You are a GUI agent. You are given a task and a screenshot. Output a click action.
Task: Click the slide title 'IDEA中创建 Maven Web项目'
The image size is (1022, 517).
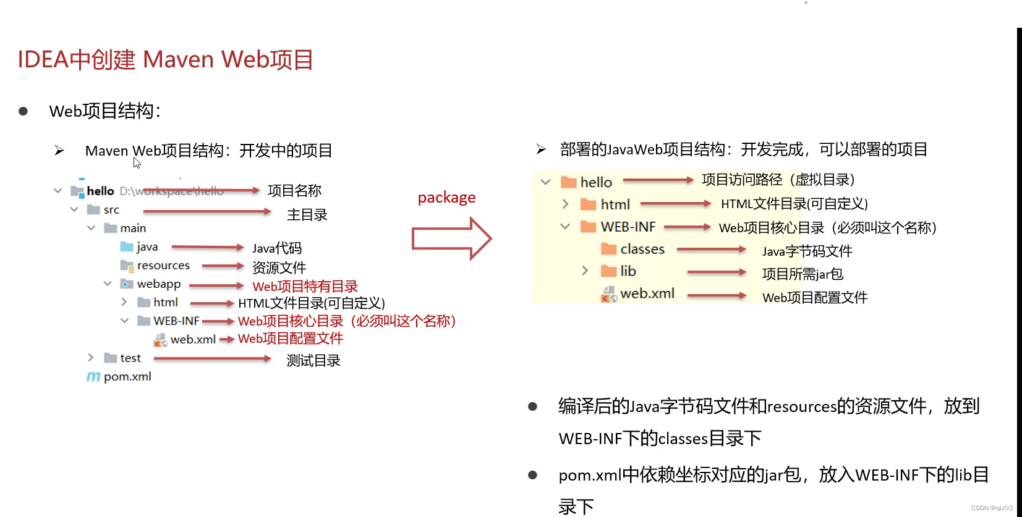point(165,60)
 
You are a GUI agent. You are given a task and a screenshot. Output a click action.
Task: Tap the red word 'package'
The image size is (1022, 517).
point(446,198)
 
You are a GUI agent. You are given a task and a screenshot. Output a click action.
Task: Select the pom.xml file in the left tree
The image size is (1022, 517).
point(127,377)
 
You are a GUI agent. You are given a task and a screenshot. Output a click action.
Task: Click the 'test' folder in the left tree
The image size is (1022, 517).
point(130,358)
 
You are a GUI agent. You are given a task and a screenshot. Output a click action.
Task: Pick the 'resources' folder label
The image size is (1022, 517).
point(163,266)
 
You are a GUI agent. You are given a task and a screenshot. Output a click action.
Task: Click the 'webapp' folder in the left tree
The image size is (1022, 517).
point(158,284)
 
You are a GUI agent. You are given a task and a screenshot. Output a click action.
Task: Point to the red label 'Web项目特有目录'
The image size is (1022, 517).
point(305,287)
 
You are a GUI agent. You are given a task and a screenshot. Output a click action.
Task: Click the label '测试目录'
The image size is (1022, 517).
point(313,361)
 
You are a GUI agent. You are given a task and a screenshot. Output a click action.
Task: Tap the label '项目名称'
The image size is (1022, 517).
point(294,191)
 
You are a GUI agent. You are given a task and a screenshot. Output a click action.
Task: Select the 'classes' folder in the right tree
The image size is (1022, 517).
point(642,250)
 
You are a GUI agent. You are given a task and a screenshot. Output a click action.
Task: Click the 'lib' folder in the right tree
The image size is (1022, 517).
point(628,271)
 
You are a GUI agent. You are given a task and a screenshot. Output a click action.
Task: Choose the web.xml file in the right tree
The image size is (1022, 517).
point(647,294)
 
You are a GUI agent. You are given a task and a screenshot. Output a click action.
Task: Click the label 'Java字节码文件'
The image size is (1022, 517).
point(807,251)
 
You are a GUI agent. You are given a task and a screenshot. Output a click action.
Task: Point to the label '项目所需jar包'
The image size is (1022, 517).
point(802,274)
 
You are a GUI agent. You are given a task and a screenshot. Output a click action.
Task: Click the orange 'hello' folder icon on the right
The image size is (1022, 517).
point(568,182)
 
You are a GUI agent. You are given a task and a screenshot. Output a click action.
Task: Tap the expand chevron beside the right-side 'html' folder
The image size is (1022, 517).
point(565,204)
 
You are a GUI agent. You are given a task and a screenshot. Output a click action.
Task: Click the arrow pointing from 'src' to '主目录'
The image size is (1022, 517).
point(207,212)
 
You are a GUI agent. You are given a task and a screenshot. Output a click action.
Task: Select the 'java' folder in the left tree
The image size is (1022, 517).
point(147,247)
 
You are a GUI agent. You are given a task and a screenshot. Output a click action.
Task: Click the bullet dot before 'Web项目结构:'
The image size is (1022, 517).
point(23,111)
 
